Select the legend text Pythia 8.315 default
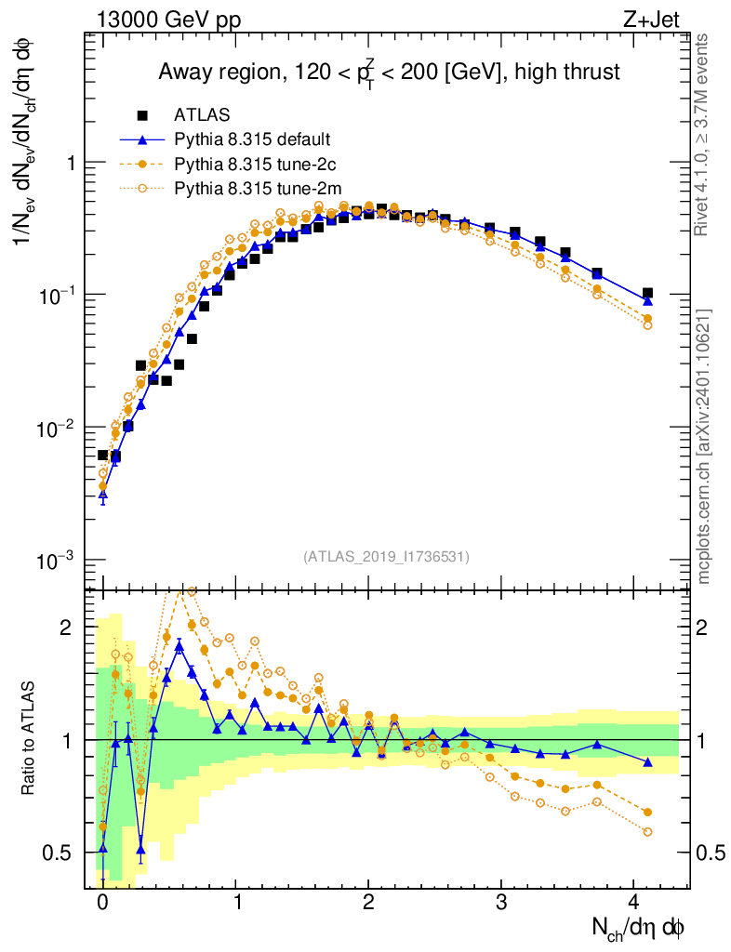(x=252, y=140)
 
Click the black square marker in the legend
(x=142, y=115)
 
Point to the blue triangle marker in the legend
(x=142, y=140)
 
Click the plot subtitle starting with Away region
(x=389, y=72)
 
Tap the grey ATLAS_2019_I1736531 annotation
(x=386, y=556)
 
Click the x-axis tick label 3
(x=501, y=902)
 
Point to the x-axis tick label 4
(x=634, y=902)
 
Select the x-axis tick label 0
(x=102, y=902)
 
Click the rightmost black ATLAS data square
(x=647, y=293)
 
